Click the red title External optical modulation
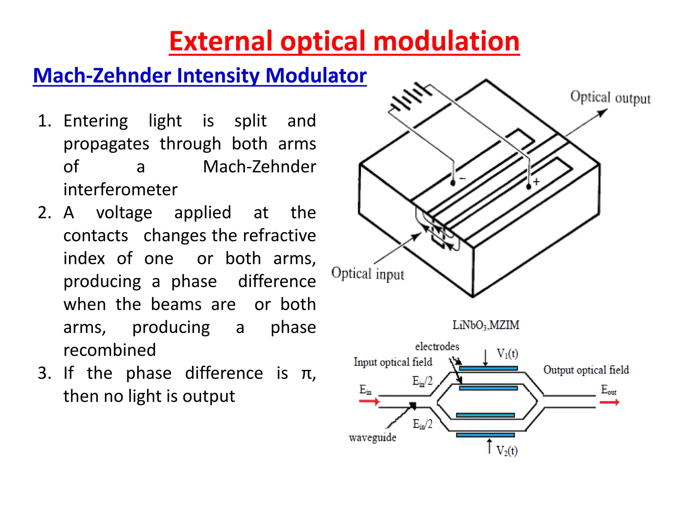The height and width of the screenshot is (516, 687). click(344, 42)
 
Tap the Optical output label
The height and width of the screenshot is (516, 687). click(610, 98)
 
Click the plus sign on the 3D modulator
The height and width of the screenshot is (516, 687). click(537, 182)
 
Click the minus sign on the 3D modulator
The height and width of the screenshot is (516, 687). click(463, 178)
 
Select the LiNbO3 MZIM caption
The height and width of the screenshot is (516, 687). click(485, 325)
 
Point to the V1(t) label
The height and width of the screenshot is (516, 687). click(507, 353)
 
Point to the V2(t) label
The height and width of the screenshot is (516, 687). click(507, 450)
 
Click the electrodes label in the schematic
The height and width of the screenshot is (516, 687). click(437, 346)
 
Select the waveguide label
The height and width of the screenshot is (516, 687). click(372, 437)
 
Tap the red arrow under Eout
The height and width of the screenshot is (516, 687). click(609, 402)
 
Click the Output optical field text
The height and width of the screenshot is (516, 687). click(586, 370)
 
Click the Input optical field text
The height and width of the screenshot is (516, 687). click(393, 362)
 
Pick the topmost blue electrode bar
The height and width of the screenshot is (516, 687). click(488, 369)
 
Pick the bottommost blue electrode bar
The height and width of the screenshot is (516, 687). click(485, 435)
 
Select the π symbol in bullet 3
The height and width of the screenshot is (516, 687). click(307, 374)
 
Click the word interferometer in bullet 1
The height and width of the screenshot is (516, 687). click(120, 190)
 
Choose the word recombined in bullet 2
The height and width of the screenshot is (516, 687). click(110, 350)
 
